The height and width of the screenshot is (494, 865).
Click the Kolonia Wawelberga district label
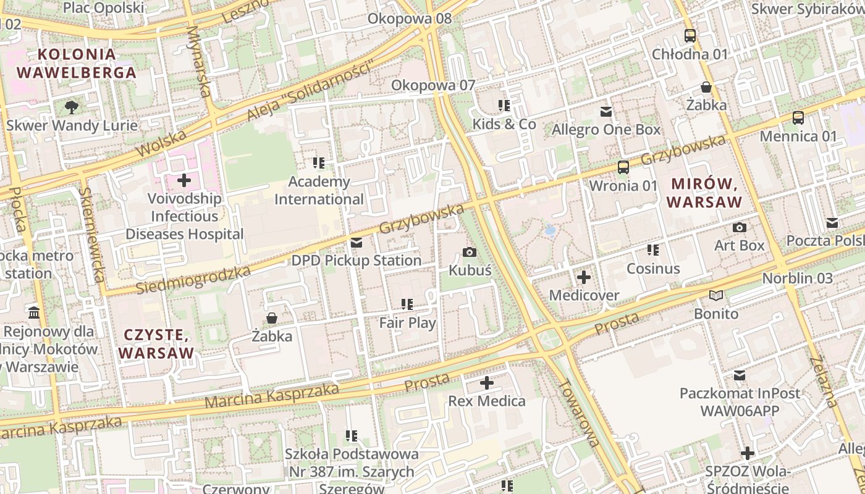(76, 63)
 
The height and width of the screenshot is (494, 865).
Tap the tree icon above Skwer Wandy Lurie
(72, 107)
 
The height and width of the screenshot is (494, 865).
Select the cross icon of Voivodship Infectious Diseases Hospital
(184, 180)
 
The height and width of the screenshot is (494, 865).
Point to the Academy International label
(319, 190)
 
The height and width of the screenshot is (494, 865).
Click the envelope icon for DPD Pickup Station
(356, 243)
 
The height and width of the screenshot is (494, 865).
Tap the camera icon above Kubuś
(470, 252)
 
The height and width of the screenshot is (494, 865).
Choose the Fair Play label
(407, 322)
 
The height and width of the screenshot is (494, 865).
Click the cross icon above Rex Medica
(487, 383)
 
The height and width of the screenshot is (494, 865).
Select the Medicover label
(584, 295)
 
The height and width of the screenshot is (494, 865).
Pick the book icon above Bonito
(716, 295)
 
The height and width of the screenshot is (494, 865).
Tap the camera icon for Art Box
(739, 227)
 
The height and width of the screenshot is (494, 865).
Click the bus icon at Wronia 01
(623, 167)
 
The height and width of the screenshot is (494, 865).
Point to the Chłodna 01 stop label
(690, 54)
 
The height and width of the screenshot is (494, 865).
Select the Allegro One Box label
(606, 130)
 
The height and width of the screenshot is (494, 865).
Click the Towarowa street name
(578, 412)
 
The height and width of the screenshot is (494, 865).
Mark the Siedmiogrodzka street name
(193, 280)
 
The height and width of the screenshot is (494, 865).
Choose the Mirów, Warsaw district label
(704, 193)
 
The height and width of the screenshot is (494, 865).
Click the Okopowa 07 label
(433, 85)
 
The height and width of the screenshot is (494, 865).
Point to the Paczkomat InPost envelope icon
(739, 375)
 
